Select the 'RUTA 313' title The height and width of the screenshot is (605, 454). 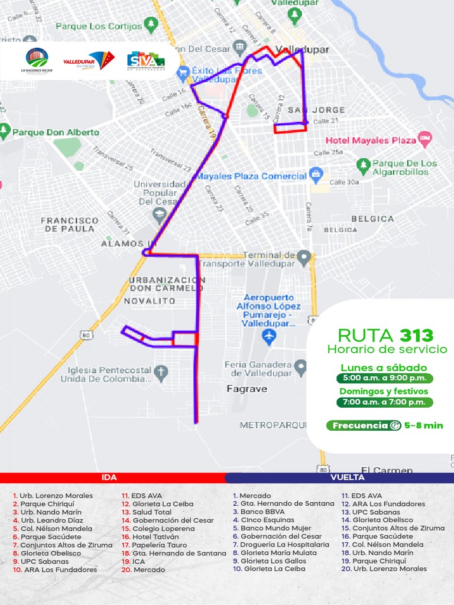point(385,335)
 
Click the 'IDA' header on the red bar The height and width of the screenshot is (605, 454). point(109,477)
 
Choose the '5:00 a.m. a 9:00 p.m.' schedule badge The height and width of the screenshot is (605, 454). point(384,379)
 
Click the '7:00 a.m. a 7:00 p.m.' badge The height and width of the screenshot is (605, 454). point(384,402)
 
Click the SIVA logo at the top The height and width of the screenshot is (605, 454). point(145,60)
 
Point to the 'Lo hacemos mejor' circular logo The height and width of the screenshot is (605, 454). point(37,60)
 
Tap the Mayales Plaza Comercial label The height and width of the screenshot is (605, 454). point(251,176)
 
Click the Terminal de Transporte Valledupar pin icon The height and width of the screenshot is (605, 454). point(304,258)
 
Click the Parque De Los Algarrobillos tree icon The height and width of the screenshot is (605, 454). point(363,164)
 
